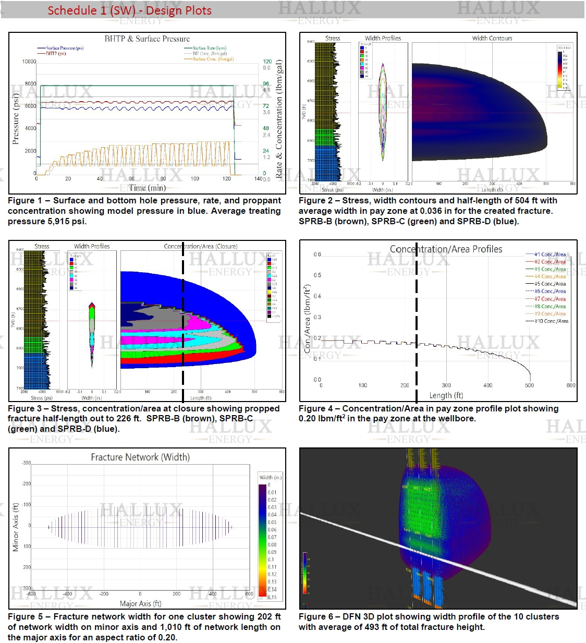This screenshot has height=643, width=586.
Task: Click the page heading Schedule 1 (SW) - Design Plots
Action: (129, 10)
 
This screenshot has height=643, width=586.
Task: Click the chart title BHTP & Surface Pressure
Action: (147, 39)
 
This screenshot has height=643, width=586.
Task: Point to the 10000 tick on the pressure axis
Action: (29, 62)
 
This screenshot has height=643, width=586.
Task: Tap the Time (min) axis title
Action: (147, 188)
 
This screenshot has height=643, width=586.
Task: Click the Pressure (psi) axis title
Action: (16, 119)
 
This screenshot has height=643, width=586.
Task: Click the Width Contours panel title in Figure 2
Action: (492, 38)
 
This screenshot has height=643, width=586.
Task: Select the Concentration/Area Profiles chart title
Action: (446, 249)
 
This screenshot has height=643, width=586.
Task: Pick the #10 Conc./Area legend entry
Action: (551, 321)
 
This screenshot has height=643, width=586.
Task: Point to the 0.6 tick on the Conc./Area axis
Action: (317, 254)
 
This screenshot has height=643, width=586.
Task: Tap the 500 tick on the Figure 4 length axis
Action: (529, 385)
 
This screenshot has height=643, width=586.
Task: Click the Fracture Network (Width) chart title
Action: (140, 457)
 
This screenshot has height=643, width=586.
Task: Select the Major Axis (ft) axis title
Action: (140, 603)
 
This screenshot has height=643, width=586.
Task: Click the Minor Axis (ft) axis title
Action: (16, 527)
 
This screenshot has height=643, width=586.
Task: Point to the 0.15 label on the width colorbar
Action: (272, 597)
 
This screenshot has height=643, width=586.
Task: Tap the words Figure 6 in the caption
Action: (316, 616)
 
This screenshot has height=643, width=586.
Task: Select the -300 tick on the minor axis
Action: (26, 463)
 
